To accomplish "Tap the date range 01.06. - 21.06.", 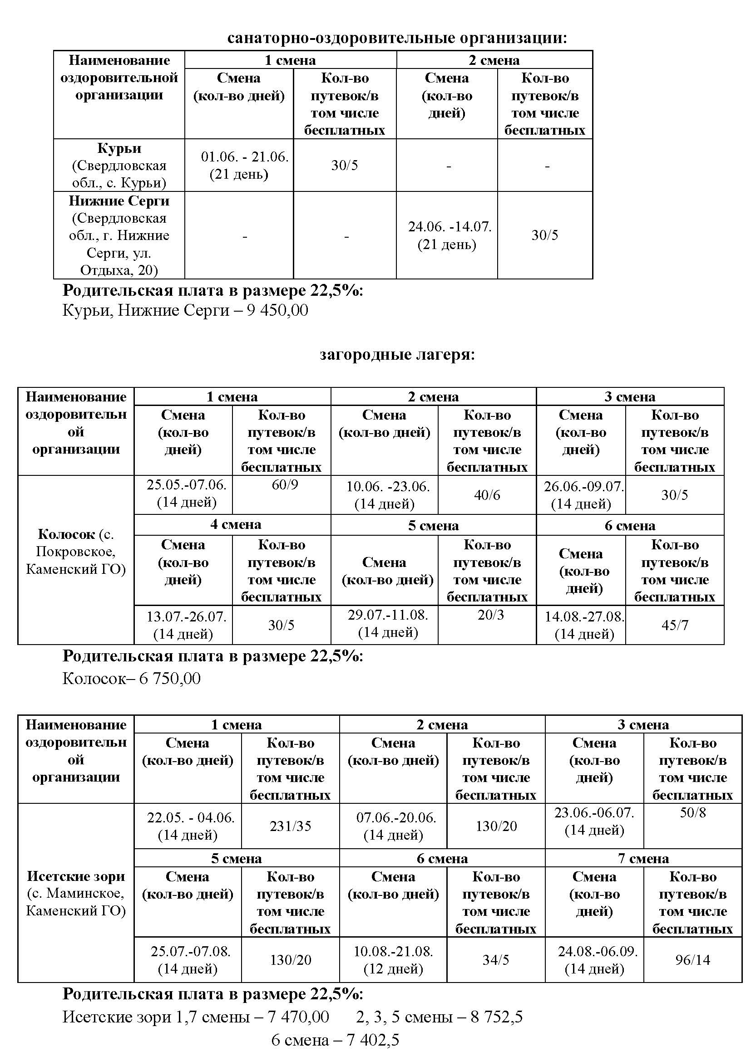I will pyautogui.click(x=245, y=156).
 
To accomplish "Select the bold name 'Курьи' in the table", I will pyautogui.click(x=119, y=148).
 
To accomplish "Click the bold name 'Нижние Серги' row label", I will pyautogui.click(x=119, y=201).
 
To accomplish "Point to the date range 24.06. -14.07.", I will pyautogui.click(x=450, y=226).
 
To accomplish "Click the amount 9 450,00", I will pyautogui.click(x=277, y=310).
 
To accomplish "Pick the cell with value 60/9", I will pyautogui.click(x=285, y=485).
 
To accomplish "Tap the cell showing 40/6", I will pyautogui.click(x=487, y=495).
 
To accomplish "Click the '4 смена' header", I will pyautogui.click(x=235, y=524).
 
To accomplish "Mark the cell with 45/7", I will pyautogui.click(x=675, y=625).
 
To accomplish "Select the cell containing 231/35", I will pyautogui.click(x=290, y=826).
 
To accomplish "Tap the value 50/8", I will pyautogui.click(x=693, y=812).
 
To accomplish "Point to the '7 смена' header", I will pyautogui.click(x=643, y=859).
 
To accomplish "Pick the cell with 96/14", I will pyautogui.click(x=693, y=960).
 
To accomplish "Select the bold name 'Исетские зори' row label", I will pyautogui.click(x=76, y=876).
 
